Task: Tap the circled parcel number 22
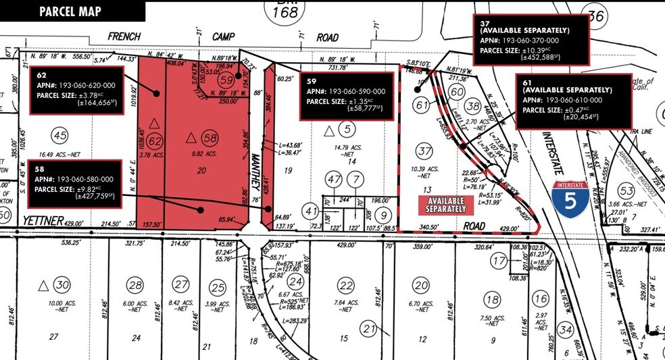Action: [345, 284]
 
